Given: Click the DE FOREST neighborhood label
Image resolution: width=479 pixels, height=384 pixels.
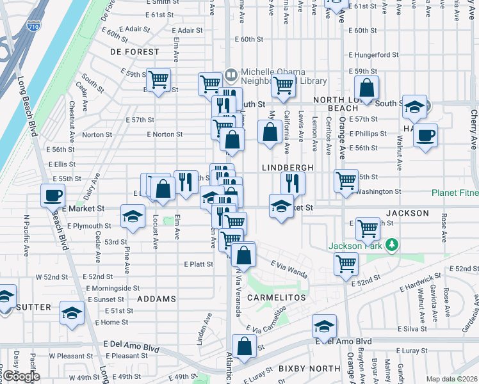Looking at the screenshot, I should pos(134,51).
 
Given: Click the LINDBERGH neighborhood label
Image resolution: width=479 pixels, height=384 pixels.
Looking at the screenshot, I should pos(287,167).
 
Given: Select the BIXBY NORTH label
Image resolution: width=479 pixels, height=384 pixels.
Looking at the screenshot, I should pos(309,369).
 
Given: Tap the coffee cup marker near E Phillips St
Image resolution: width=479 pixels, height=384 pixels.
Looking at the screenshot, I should pos(425,136).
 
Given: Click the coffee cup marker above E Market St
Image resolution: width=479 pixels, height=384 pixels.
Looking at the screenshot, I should pos(53,196).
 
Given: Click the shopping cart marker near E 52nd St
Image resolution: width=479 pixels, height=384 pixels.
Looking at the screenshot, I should pos(346,263).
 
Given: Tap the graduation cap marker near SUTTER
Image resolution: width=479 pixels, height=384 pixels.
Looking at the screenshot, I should pos(72,312).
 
